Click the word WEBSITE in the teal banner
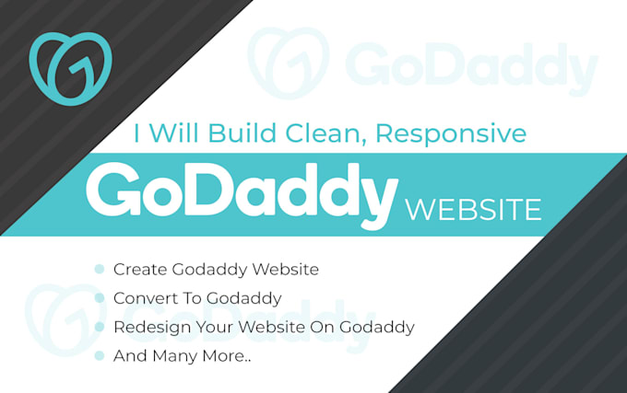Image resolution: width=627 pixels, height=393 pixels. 473,210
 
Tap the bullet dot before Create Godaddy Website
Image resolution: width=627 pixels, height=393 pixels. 100,270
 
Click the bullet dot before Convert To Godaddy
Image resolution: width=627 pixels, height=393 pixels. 100,298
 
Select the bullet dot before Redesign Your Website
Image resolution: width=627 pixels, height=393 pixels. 100,327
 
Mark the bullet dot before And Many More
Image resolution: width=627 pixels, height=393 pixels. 100,355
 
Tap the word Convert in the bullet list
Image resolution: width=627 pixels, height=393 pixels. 144,298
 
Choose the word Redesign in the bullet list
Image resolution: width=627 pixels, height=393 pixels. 150,327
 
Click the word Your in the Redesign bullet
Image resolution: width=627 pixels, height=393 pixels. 214,327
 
